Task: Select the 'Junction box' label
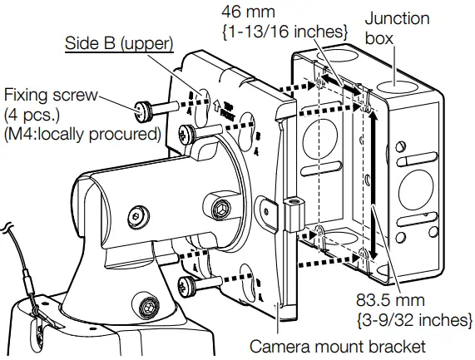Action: point(398,28)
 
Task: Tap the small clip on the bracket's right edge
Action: point(291,213)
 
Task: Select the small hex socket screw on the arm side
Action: point(135,219)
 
